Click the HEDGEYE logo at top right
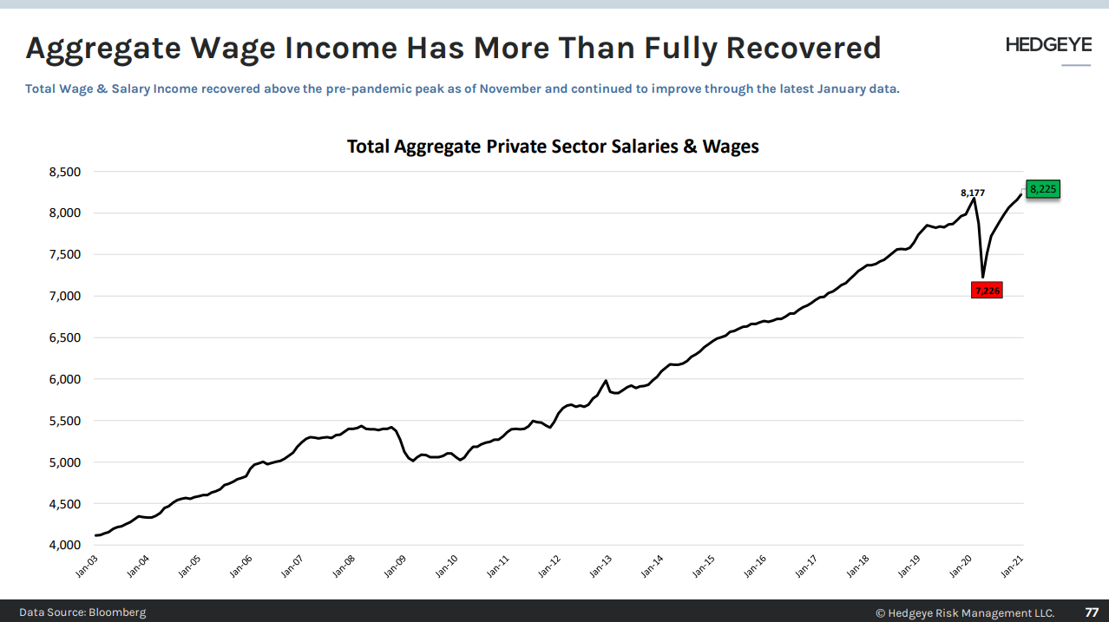[x=1048, y=45]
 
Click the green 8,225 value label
[x=1043, y=188]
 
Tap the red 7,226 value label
[x=988, y=291]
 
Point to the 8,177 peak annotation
[x=972, y=192]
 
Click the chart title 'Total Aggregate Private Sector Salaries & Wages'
[x=553, y=147]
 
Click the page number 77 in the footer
[x=1092, y=612]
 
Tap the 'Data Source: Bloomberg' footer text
[x=82, y=612]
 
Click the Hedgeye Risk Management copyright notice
[x=965, y=612]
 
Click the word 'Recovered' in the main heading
[x=803, y=48]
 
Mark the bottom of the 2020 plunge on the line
[x=982, y=277]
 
